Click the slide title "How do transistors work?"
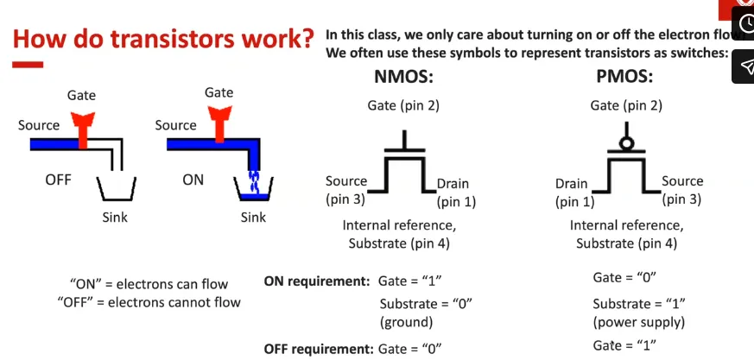(163, 40)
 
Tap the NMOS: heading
(402, 77)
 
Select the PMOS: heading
(624, 77)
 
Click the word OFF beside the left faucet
(59, 180)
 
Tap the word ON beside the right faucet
(193, 180)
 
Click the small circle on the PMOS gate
(624, 142)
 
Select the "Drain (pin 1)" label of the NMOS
(454, 193)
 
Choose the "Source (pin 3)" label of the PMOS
(682, 190)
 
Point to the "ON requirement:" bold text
(317, 281)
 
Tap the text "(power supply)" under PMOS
(639, 323)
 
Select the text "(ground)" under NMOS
(406, 322)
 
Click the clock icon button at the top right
(744, 22)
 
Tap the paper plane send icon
(744, 66)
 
